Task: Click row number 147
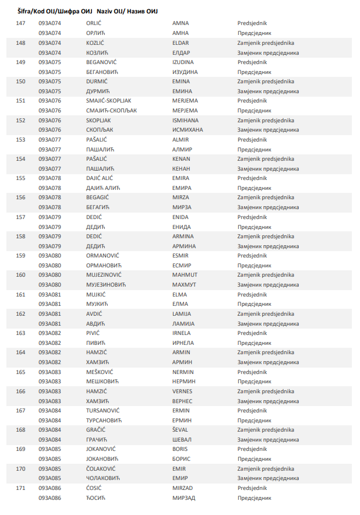[x=21, y=23]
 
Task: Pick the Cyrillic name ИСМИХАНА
[x=188, y=130]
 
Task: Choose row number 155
[x=21, y=178]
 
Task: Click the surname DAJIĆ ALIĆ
[x=100, y=178]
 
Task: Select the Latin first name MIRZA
[x=181, y=197]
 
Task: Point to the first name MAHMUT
[x=185, y=275]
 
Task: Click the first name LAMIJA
[x=182, y=313]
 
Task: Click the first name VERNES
[x=182, y=391]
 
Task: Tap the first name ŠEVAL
[x=181, y=429]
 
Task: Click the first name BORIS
[x=180, y=449]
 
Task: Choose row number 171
[x=21, y=488]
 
